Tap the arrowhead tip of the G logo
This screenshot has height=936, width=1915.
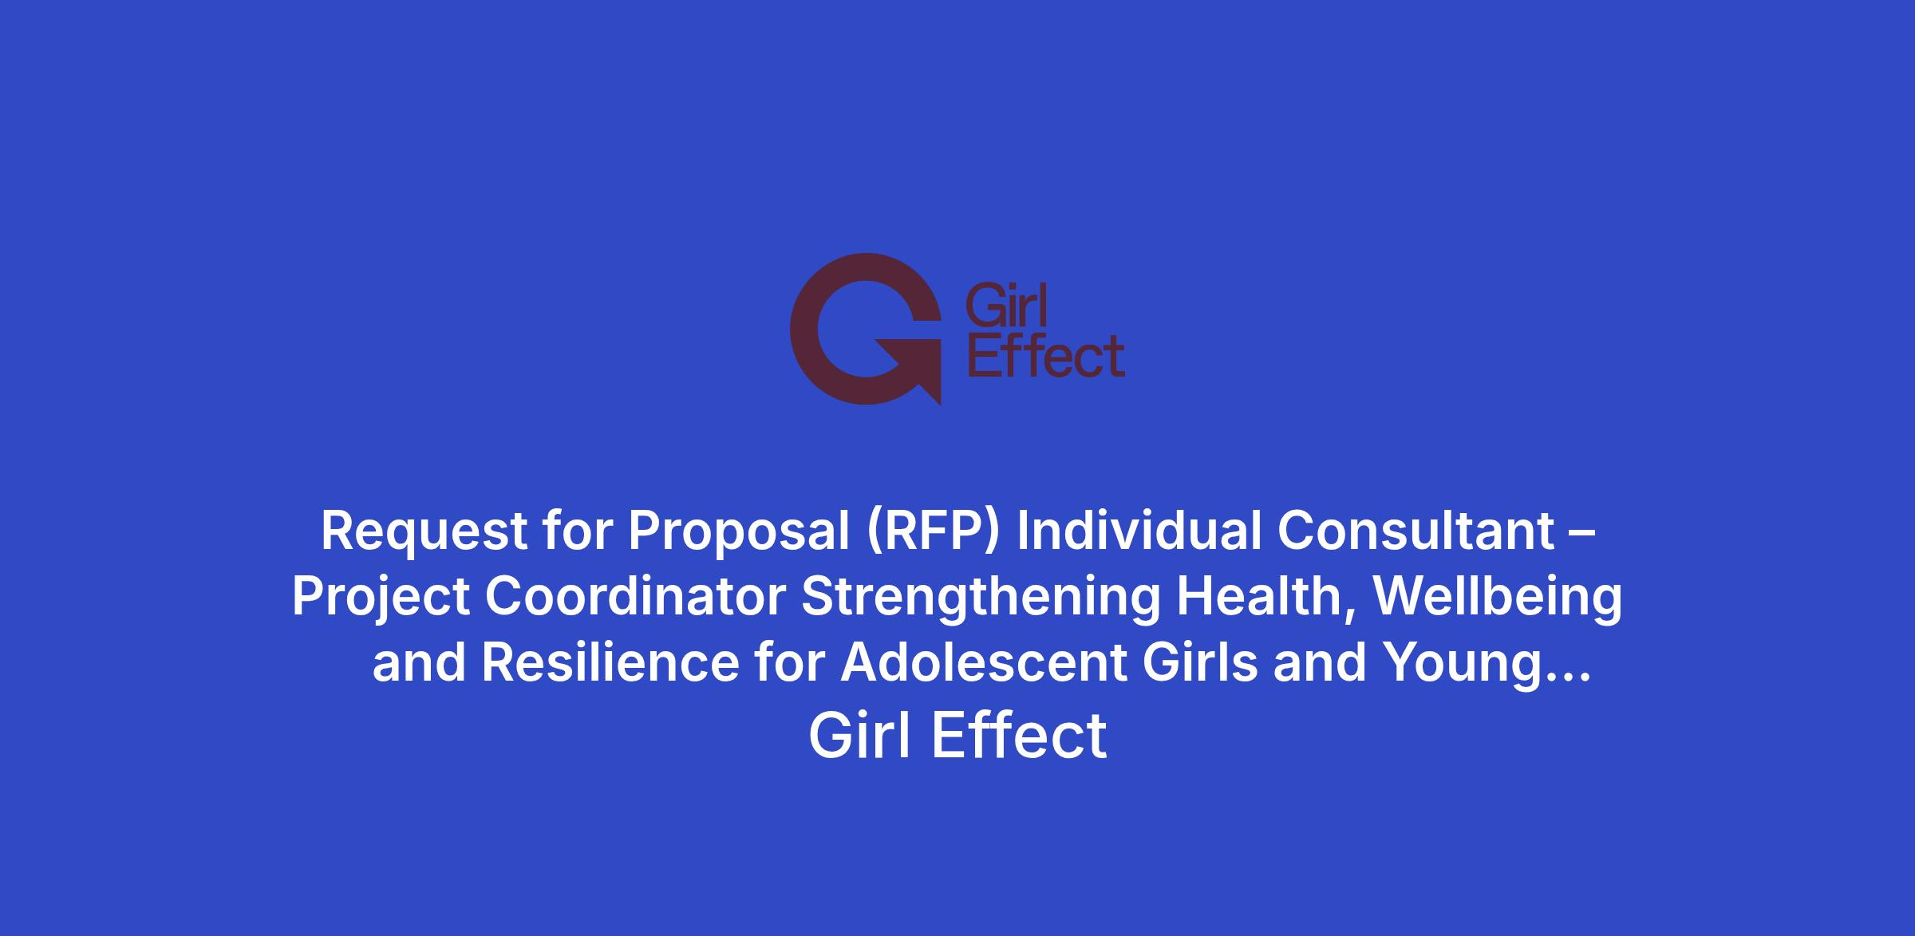940,404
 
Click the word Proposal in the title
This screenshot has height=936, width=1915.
739,531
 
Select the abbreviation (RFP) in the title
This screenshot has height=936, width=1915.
933,531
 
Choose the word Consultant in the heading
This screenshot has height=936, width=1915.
1416,530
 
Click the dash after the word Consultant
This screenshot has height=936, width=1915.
1583,533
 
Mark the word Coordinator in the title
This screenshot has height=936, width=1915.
635,597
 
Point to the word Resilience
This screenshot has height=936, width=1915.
610,663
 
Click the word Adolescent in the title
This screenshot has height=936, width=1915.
984,663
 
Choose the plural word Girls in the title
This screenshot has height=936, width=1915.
1200,663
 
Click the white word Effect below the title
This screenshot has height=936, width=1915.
1019,736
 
